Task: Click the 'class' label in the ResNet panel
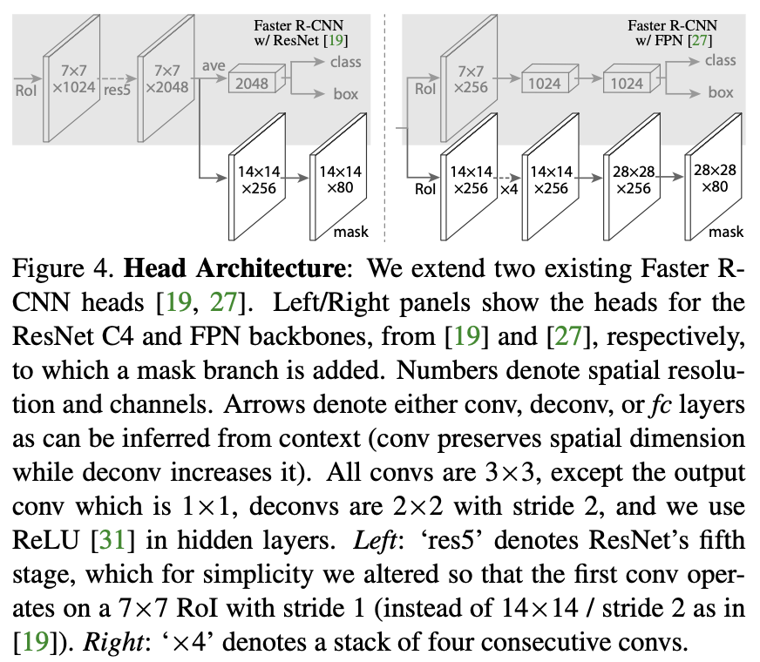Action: click(x=347, y=61)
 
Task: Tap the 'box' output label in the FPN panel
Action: click(x=720, y=92)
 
